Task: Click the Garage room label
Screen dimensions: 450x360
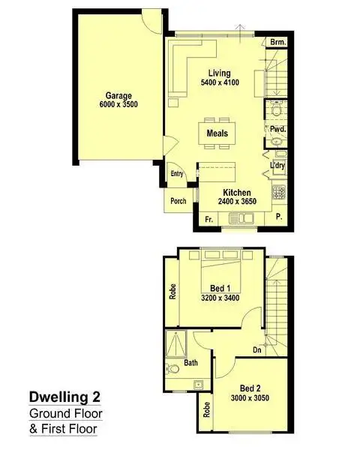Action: (x=118, y=96)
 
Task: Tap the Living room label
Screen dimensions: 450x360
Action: (x=219, y=73)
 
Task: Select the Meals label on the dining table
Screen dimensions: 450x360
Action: (x=218, y=133)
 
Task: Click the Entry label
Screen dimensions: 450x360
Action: (x=177, y=174)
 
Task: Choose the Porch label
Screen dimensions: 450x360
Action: (x=178, y=201)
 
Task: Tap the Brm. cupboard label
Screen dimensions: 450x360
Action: (x=278, y=42)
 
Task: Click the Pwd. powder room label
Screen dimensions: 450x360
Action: (x=277, y=129)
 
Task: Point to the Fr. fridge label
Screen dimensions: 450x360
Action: (x=209, y=220)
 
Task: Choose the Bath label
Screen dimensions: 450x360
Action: (x=191, y=363)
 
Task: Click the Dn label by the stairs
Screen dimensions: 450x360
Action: (x=256, y=349)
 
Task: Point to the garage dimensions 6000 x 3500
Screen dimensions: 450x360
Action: (x=118, y=106)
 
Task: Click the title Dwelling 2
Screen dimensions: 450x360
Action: (x=64, y=396)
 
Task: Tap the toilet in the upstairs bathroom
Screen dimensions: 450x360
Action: (x=174, y=367)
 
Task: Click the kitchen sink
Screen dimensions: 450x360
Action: (x=243, y=219)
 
